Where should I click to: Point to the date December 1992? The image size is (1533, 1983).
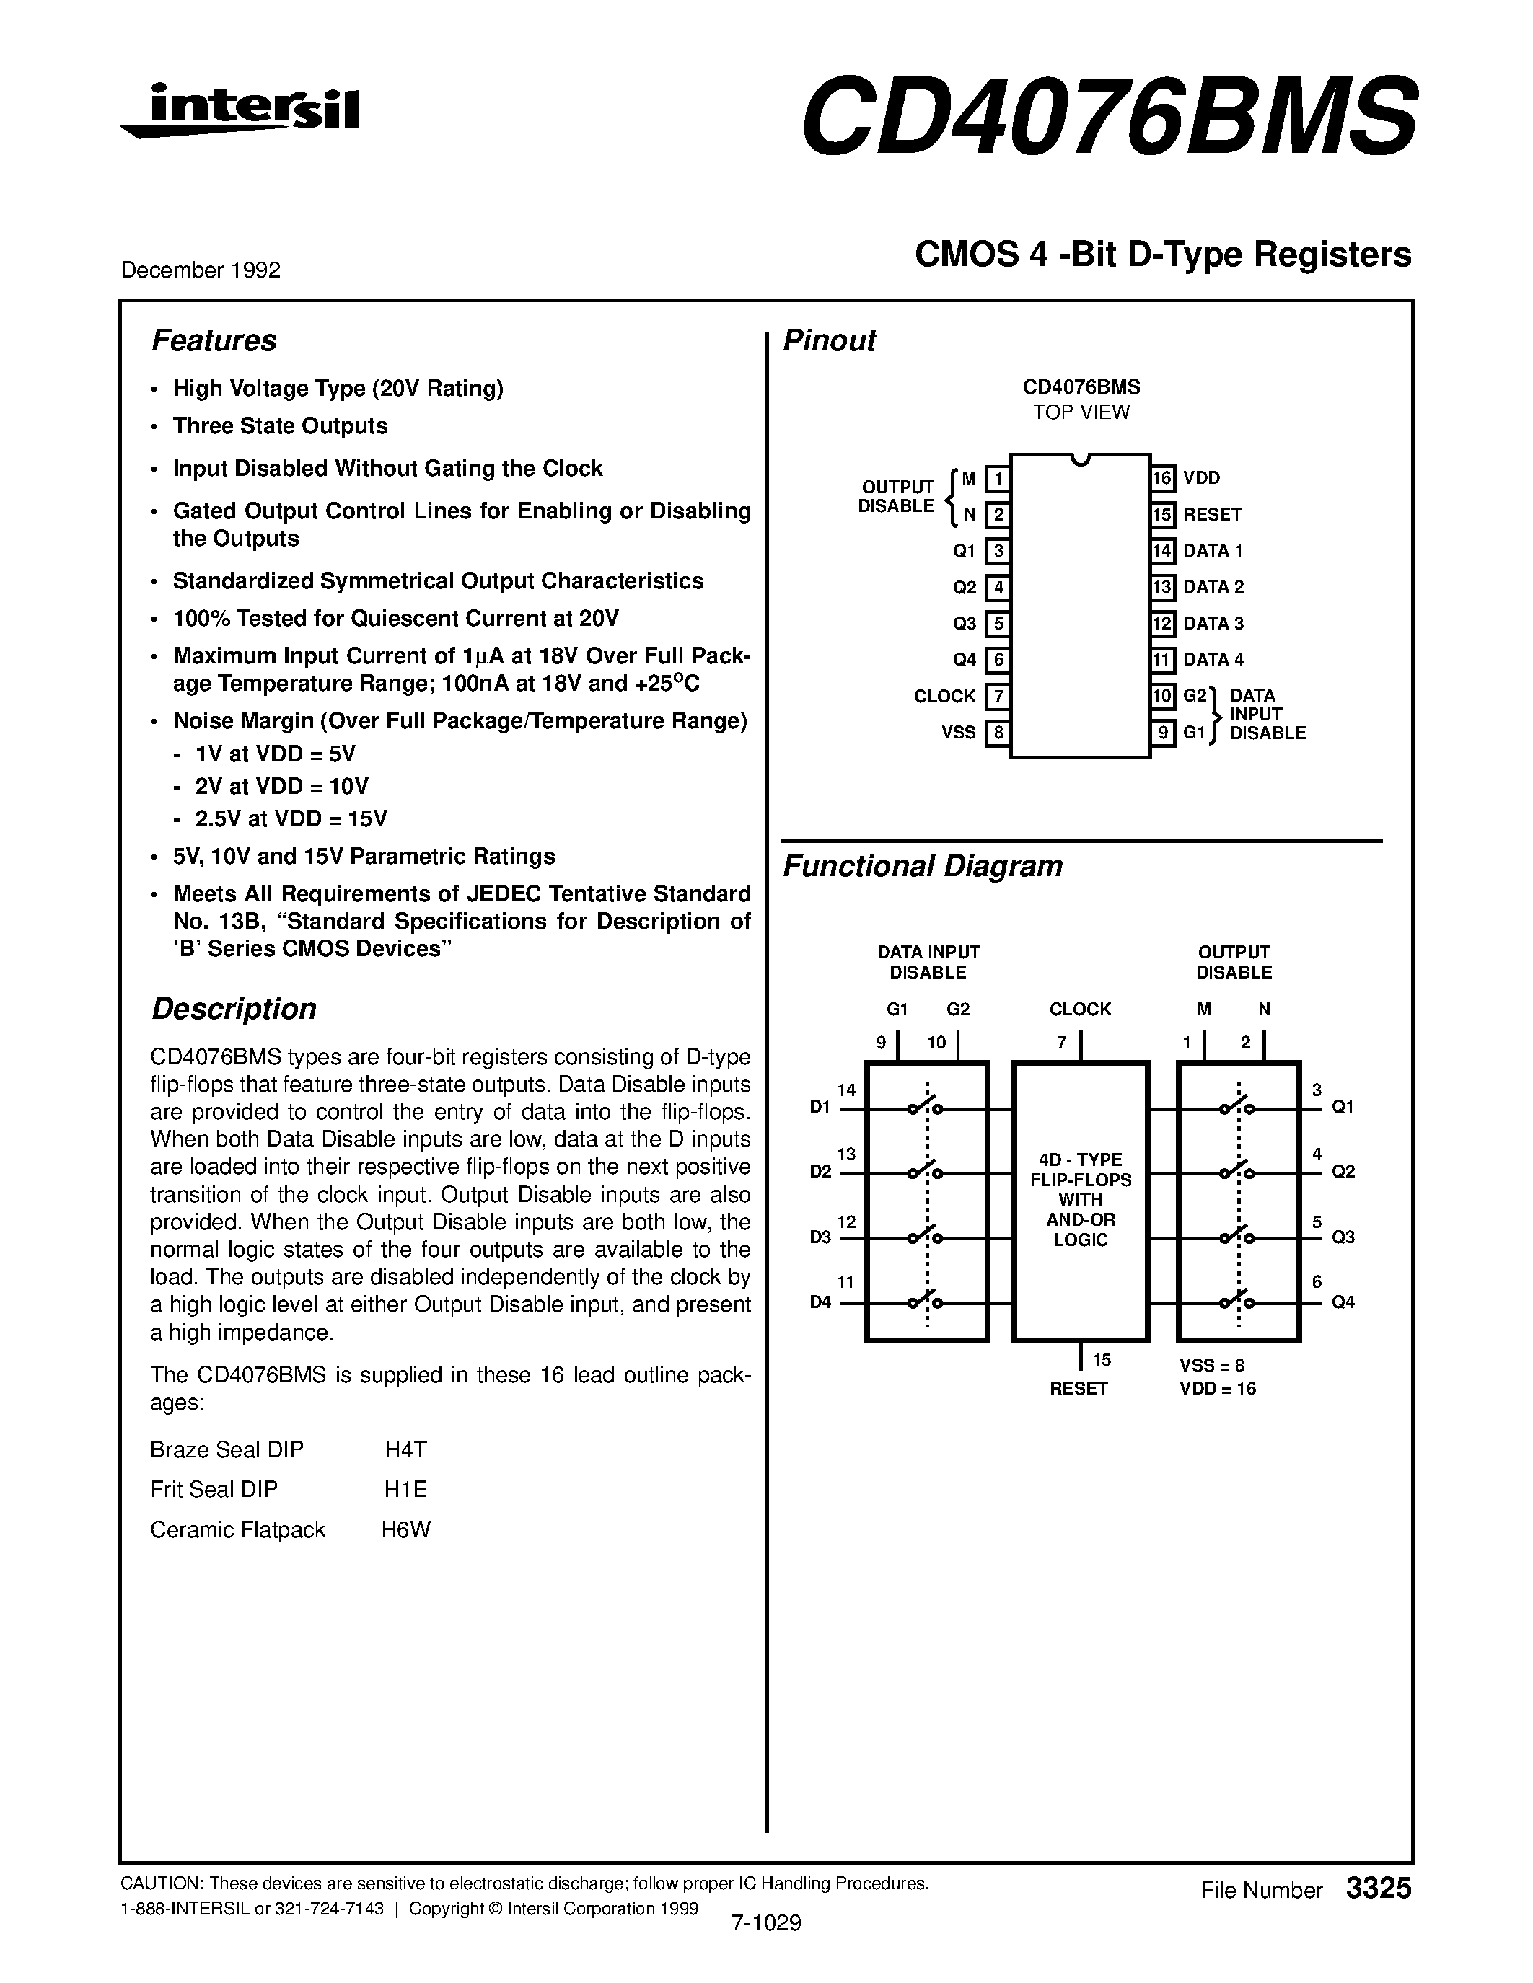[201, 270]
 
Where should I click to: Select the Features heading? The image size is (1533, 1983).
[214, 340]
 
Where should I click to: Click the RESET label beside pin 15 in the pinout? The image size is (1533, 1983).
[1211, 515]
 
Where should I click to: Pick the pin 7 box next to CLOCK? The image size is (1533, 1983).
[997, 697]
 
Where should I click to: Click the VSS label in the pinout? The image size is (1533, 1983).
[958, 733]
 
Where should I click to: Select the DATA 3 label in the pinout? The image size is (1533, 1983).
[1213, 624]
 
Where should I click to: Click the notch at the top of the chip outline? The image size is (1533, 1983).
[1080, 459]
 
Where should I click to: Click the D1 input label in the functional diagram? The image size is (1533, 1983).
[820, 1108]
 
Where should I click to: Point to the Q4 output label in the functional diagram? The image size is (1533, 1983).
[1343, 1302]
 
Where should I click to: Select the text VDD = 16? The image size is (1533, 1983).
[1217, 1388]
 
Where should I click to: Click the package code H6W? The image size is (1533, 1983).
[405, 1530]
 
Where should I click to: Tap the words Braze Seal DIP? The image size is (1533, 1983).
[227, 1450]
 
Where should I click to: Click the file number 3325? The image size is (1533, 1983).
[1379, 1889]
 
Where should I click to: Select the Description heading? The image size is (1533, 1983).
[234, 1009]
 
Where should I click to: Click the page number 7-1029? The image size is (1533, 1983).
[765, 1923]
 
